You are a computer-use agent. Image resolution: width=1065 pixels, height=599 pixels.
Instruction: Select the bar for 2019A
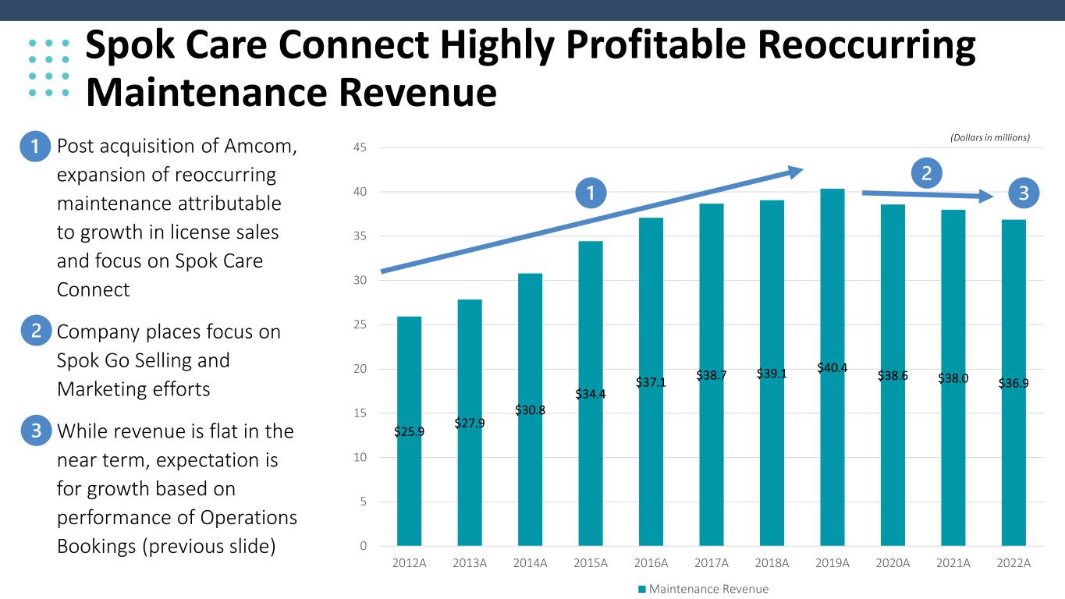[832, 367]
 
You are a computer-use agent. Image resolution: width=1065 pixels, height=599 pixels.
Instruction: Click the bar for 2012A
[409, 431]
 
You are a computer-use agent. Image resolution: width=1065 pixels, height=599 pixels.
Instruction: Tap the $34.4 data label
[591, 394]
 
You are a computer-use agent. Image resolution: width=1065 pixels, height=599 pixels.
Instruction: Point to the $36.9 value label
[1014, 383]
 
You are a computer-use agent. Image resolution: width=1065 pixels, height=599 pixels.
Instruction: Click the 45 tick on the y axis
[360, 147]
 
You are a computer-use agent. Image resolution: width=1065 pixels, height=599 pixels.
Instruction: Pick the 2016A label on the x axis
[651, 563]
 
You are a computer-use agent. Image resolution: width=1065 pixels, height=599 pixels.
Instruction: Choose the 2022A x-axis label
[1014, 563]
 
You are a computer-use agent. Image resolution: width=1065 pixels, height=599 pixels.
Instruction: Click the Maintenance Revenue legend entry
[703, 589]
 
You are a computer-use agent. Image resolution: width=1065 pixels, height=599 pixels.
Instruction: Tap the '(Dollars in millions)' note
[990, 138]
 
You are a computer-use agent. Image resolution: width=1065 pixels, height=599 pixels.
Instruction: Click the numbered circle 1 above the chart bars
[591, 193]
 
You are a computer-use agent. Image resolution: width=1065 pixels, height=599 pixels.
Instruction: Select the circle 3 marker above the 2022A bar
[1024, 193]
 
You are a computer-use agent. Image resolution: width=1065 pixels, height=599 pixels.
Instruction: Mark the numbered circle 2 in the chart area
[927, 173]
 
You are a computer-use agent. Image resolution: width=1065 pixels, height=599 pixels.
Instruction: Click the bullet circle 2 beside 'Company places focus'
[36, 331]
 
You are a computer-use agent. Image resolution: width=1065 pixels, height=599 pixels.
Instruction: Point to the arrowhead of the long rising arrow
[803, 170]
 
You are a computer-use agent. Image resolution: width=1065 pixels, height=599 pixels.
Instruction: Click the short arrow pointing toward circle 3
[928, 194]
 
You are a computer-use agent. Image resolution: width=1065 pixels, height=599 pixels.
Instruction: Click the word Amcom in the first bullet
[260, 147]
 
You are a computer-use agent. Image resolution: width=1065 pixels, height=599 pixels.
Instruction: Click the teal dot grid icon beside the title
[49, 68]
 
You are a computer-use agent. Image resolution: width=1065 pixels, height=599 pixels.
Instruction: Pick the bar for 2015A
[591, 393]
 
